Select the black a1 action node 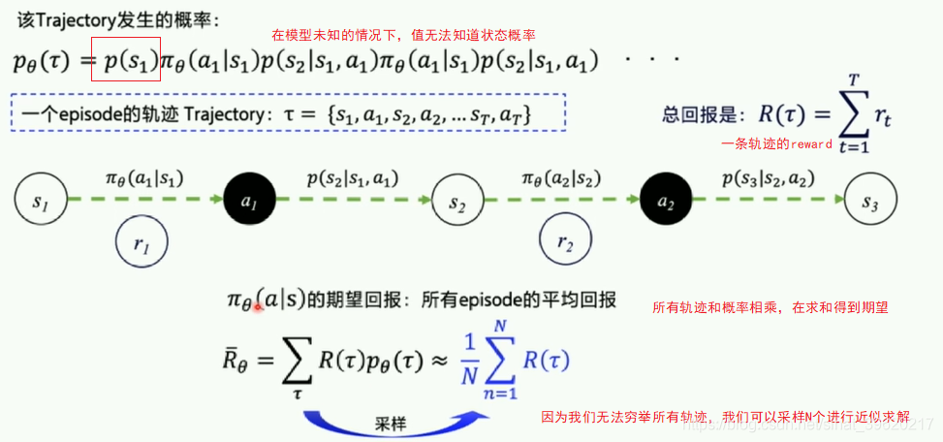point(248,202)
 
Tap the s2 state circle point(457,202)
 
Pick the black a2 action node point(666,202)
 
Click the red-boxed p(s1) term point(126,61)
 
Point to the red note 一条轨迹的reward point(777,144)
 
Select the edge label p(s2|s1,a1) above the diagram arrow point(352,179)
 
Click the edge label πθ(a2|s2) point(560,179)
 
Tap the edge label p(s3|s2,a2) point(767,179)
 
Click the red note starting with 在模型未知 point(404,35)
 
